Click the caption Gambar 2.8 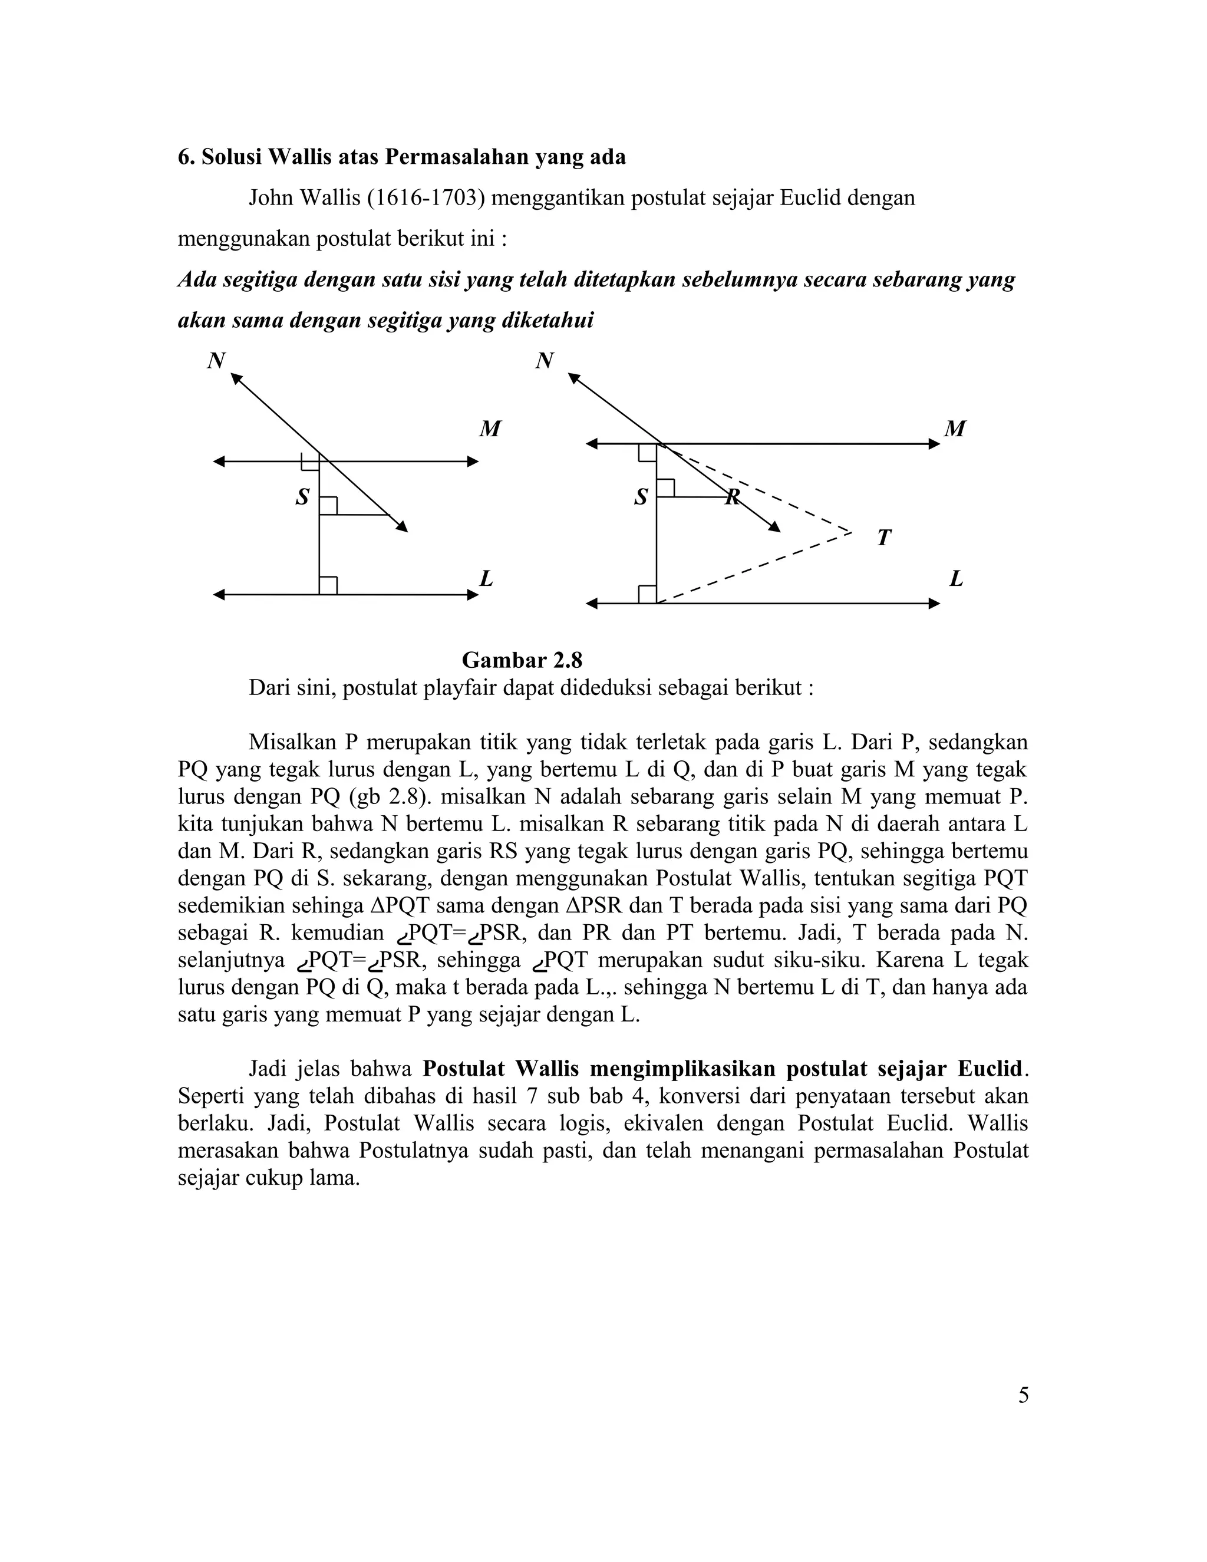[522, 659]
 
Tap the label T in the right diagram [884, 537]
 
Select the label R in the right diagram [732, 497]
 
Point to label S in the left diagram [302, 496]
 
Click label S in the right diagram [641, 496]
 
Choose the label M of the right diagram [955, 429]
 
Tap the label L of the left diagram [486, 578]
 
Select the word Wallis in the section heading [299, 157]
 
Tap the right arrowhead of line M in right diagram [935, 444]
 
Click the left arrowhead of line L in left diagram [219, 594]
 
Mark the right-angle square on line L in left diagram [328, 586]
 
